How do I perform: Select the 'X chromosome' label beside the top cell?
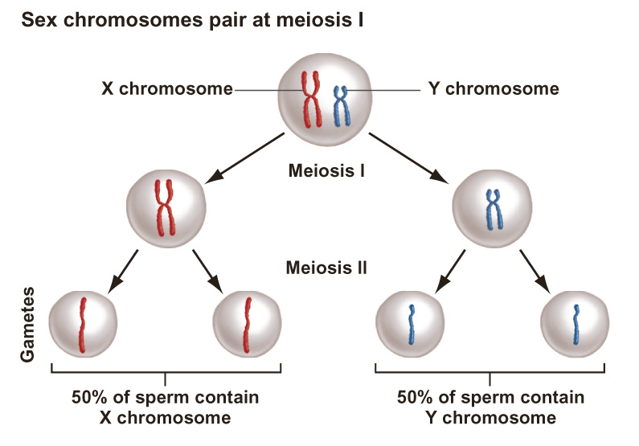tap(167, 88)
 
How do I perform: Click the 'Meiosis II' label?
tap(327, 267)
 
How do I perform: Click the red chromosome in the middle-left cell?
tap(166, 207)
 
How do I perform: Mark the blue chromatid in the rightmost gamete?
tap(576, 323)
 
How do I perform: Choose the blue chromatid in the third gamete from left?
tap(411, 323)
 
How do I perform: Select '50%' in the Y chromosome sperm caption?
tap(416, 398)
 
